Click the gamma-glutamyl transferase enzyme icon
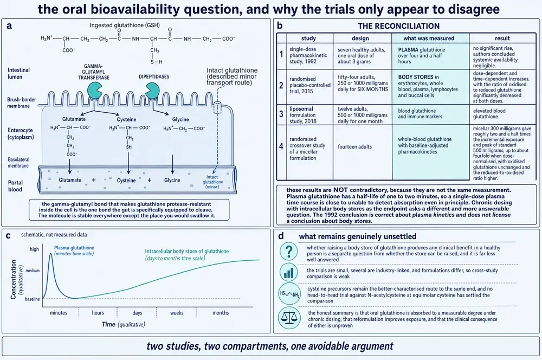click(x=94, y=90)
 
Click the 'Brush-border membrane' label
click(x=22, y=102)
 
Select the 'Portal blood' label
click(x=15, y=186)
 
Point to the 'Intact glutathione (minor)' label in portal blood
click(x=212, y=182)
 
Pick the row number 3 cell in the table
click(x=281, y=114)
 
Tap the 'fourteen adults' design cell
click(x=354, y=146)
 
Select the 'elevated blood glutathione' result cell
click(x=489, y=114)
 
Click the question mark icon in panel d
click(x=289, y=250)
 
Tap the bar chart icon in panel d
click(x=289, y=273)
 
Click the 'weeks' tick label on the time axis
click(x=177, y=313)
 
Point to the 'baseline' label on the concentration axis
click(x=32, y=299)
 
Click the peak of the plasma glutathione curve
click(x=51, y=254)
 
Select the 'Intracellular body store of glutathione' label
click(x=186, y=252)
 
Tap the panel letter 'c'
click(x=8, y=236)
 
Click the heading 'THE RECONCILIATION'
click(x=399, y=26)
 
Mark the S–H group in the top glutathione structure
click(x=156, y=62)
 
